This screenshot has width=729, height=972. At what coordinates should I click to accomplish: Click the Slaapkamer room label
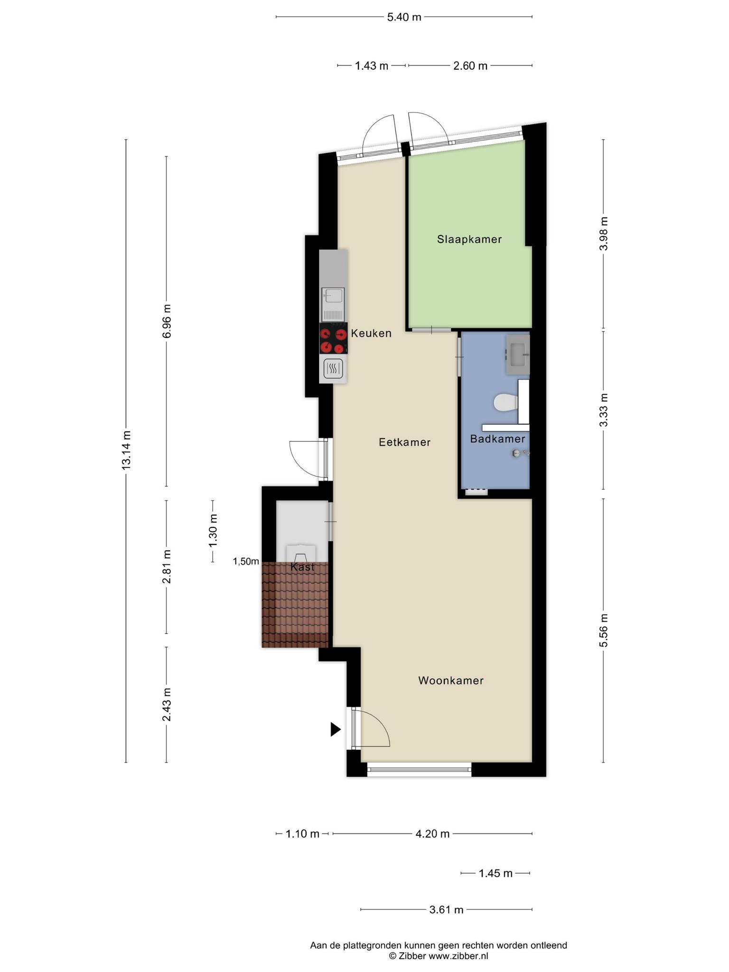point(469,240)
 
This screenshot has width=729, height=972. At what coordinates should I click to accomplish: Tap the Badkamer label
point(497,439)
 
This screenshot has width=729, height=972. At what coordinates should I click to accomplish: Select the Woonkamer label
point(451,681)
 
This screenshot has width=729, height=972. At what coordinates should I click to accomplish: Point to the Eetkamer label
point(405,442)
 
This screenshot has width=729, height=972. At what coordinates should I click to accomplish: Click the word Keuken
point(371,333)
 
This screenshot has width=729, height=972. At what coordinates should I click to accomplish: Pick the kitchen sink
point(333,304)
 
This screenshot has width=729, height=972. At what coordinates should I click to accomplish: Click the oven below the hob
point(333,368)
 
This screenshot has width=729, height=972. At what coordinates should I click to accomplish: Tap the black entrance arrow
point(336,729)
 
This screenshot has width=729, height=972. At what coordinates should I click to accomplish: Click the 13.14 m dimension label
point(126,450)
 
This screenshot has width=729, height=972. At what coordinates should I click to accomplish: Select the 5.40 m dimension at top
point(404,17)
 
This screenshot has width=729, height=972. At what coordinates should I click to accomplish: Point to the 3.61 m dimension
point(446,910)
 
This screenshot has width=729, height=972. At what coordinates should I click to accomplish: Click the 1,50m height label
point(246,562)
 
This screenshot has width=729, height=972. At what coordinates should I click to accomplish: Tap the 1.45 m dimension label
point(495,873)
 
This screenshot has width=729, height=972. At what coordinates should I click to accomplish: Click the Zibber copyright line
point(439,956)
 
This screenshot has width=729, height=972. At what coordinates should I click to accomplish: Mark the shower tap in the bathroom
point(520,454)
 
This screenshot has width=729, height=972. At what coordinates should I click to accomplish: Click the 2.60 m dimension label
point(470,66)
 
